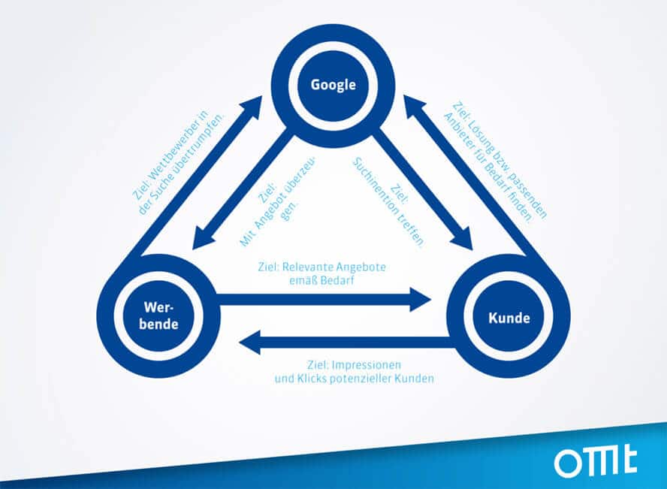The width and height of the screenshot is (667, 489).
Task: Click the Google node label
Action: click(333, 85)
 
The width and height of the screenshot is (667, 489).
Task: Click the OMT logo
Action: click(596, 461)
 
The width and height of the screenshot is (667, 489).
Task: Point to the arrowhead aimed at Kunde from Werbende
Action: click(421, 300)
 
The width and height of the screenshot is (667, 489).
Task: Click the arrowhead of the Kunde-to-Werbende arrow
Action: click(250, 342)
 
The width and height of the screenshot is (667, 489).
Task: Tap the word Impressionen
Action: click(367, 365)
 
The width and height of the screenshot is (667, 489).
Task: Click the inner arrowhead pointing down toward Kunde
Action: click(463, 240)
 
